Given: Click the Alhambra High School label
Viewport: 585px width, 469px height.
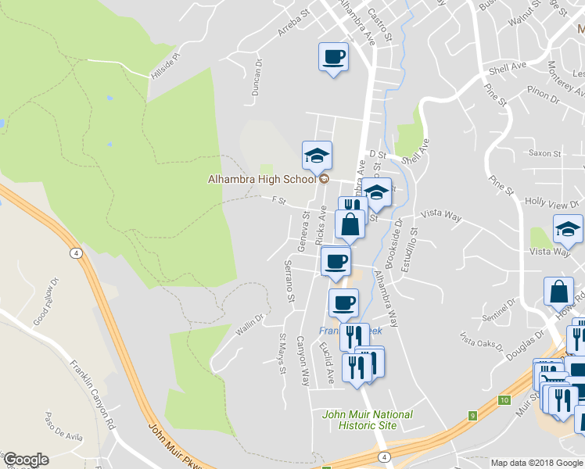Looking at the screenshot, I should click(x=261, y=179).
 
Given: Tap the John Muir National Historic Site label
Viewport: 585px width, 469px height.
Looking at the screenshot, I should click(x=368, y=420).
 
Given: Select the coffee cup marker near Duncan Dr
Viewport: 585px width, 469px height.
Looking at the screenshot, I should click(x=332, y=58).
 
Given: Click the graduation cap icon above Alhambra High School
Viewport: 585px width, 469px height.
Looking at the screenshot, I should click(x=317, y=156).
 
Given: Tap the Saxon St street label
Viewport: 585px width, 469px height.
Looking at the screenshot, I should click(x=544, y=153).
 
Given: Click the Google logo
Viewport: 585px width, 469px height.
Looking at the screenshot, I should click(x=26, y=460).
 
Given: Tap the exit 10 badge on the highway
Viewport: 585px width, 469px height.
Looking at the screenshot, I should click(x=504, y=399).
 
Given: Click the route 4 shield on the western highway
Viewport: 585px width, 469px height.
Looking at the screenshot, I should click(x=76, y=252).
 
